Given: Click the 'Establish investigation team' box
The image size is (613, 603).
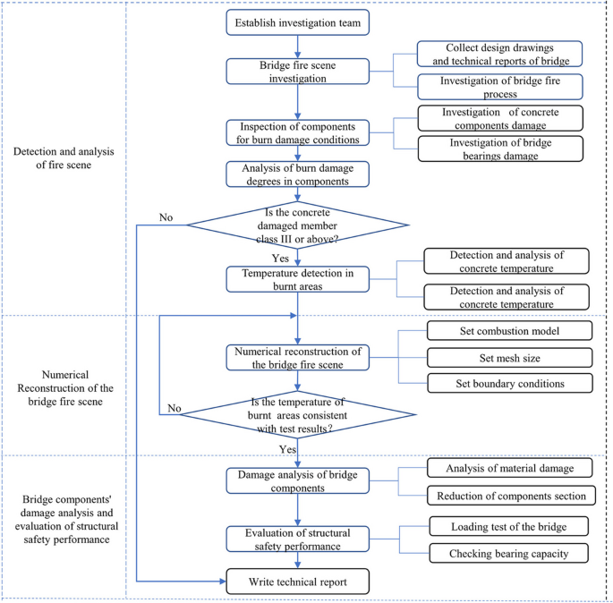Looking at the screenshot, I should pos(298,21).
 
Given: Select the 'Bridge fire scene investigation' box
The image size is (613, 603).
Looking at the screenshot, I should pos(298,71).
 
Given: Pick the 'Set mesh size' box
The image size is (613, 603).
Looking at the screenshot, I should pos(508,358).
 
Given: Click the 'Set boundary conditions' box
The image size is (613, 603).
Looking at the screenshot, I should pos(508,384).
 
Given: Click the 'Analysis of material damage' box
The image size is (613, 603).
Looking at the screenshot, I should pos(508,467).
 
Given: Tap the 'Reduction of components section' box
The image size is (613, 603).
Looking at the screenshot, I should pos(508,495).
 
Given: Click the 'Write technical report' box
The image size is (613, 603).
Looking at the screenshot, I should pos(298,582).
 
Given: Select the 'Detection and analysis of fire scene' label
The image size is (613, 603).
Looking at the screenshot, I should pos(65,158).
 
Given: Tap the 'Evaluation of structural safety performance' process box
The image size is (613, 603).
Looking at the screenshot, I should pos(298,539).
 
